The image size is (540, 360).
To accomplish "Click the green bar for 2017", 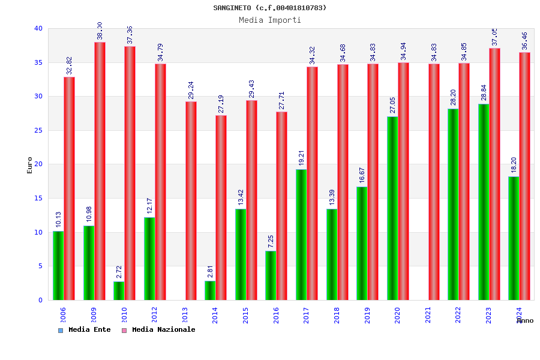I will click(301, 235).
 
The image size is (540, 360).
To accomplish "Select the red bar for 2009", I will click(100, 171).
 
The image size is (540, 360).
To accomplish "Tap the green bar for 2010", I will click(119, 290).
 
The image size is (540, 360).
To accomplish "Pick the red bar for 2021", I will click(434, 182).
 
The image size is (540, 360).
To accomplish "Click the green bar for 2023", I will click(484, 202).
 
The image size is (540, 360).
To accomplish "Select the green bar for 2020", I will click(392, 208).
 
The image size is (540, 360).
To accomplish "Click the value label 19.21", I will click(302, 158).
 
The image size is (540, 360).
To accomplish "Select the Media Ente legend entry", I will click(85, 330).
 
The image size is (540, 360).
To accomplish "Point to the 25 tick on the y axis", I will click(38, 130).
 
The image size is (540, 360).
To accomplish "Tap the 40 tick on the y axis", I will click(38, 28).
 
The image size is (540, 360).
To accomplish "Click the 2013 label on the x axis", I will click(185, 315).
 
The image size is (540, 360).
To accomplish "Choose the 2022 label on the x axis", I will click(458, 315).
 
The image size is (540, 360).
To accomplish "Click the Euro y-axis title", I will click(30, 165).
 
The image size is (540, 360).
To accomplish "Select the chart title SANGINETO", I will click(270, 8).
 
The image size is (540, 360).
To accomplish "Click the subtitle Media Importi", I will click(270, 20).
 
